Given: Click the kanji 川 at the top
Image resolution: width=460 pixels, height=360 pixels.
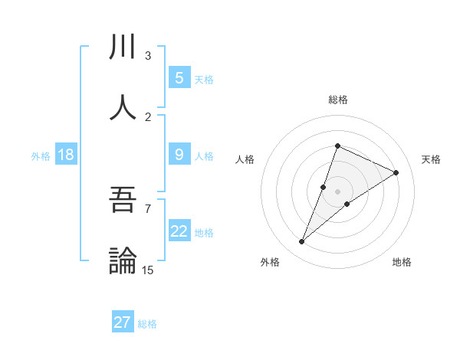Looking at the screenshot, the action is click(123, 47).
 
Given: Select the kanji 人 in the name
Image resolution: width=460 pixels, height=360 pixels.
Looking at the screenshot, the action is click(123, 107).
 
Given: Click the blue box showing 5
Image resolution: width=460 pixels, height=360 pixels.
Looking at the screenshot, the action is click(179, 77).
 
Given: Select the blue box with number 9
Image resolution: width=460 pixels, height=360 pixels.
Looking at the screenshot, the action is click(179, 155).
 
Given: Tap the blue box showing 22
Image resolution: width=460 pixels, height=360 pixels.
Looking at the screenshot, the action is click(179, 231).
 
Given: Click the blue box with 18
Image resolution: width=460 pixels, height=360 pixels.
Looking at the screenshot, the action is click(66, 155).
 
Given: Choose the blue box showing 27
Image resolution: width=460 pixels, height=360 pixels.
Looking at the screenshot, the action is click(123, 322).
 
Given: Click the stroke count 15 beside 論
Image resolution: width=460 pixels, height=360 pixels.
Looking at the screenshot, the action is click(147, 270).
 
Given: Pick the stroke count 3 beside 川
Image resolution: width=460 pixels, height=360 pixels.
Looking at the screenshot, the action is click(147, 56).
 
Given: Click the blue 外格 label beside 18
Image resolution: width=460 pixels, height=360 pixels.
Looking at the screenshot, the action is click(41, 155).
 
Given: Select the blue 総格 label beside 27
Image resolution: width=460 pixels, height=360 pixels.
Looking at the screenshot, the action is click(147, 323).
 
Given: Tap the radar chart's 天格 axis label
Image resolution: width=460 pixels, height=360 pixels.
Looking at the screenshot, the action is click(431, 159).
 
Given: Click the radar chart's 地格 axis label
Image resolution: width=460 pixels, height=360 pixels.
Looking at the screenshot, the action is click(402, 262).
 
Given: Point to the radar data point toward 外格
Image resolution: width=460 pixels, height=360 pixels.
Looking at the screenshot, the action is click(302, 242).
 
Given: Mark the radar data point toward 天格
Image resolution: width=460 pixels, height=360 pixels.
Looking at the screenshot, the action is click(396, 172).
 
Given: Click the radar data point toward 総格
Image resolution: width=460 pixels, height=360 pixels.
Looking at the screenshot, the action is click(337, 146).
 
